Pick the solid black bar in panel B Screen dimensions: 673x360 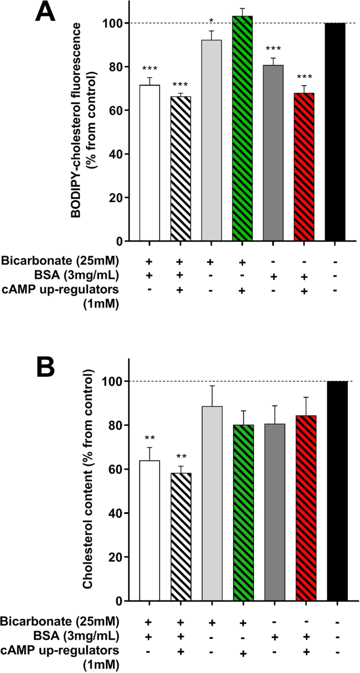(x=337, y=491)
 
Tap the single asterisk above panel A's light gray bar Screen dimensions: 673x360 (x=211, y=22)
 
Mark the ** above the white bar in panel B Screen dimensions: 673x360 (x=149, y=437)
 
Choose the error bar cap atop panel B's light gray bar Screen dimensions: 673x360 (x=212, y=386)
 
